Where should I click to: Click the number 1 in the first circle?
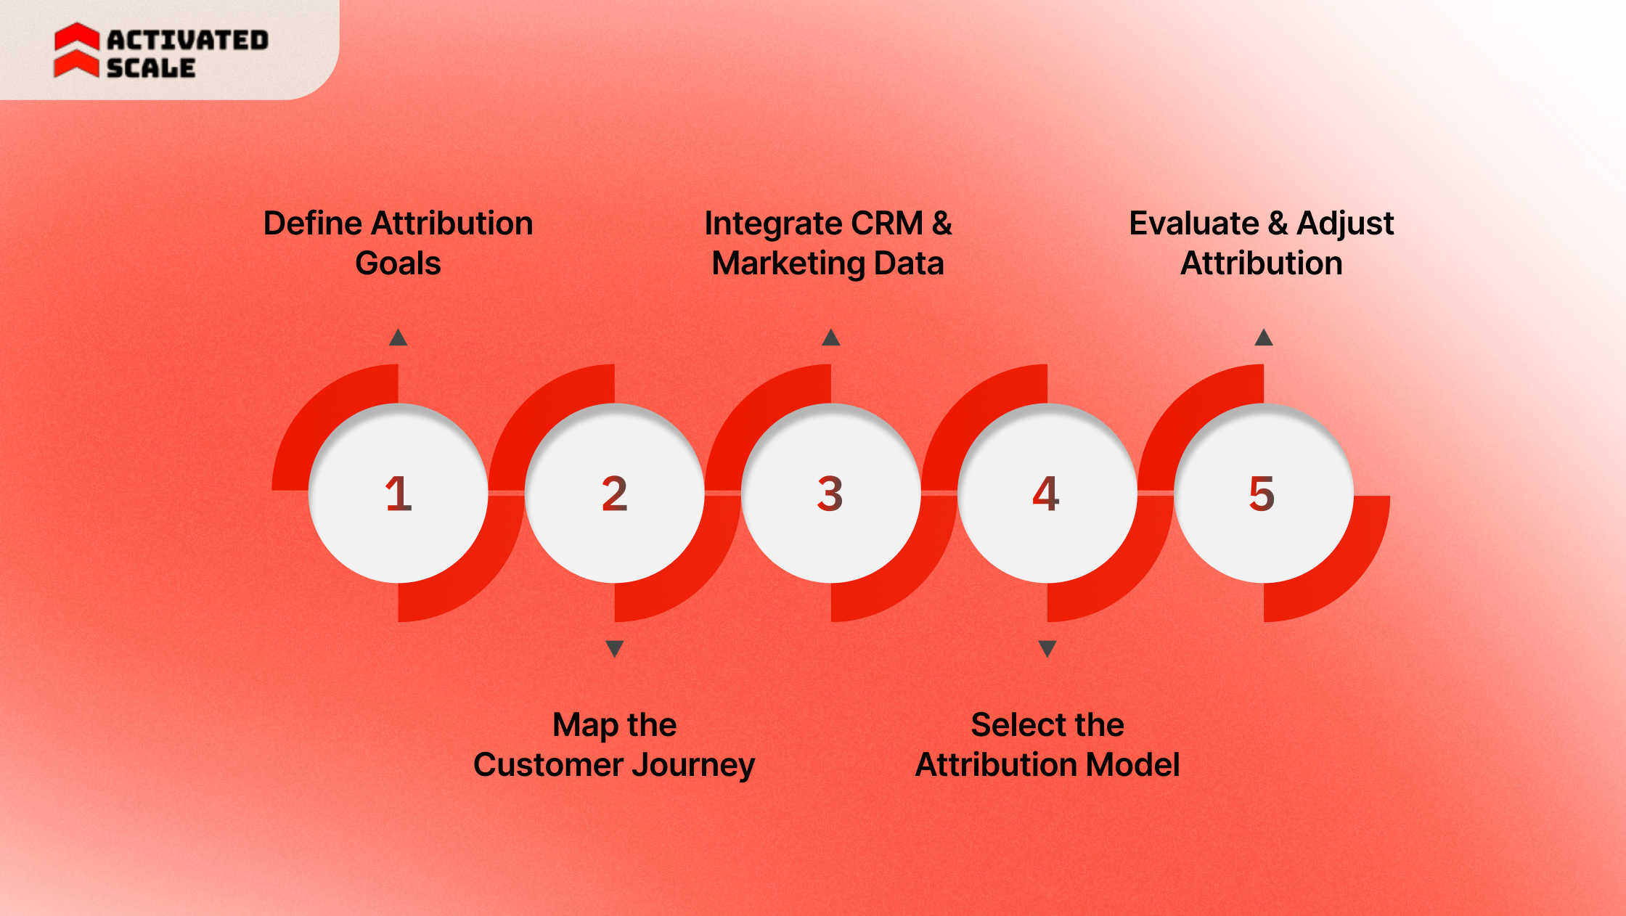point(399,494)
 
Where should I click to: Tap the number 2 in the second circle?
point(615,494)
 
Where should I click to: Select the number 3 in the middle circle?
point(830,494)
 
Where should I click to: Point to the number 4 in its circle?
point(1046,494)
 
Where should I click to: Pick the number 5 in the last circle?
point(1262,494)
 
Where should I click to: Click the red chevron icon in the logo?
point(76,50)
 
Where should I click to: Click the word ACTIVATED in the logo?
point(188,41)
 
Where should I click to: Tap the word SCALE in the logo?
point(151,68)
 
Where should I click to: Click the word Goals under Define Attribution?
point(398,263)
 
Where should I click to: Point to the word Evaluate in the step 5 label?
point(1194,224)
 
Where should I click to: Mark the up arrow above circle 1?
point(398,338)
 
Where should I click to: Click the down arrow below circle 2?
point(615,648)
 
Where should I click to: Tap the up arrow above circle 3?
point(831,338)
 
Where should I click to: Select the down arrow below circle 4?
point(1047,648)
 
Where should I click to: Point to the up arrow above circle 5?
point(1264,338)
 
